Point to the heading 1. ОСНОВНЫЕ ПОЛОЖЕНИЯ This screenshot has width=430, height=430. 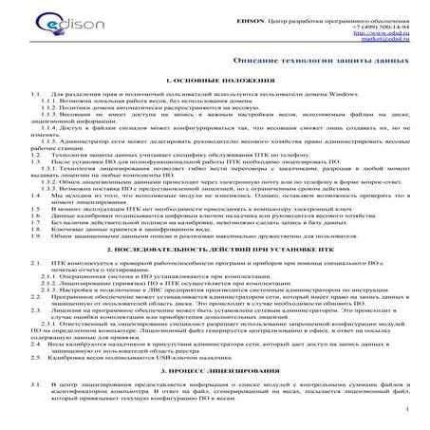coord(215,83)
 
